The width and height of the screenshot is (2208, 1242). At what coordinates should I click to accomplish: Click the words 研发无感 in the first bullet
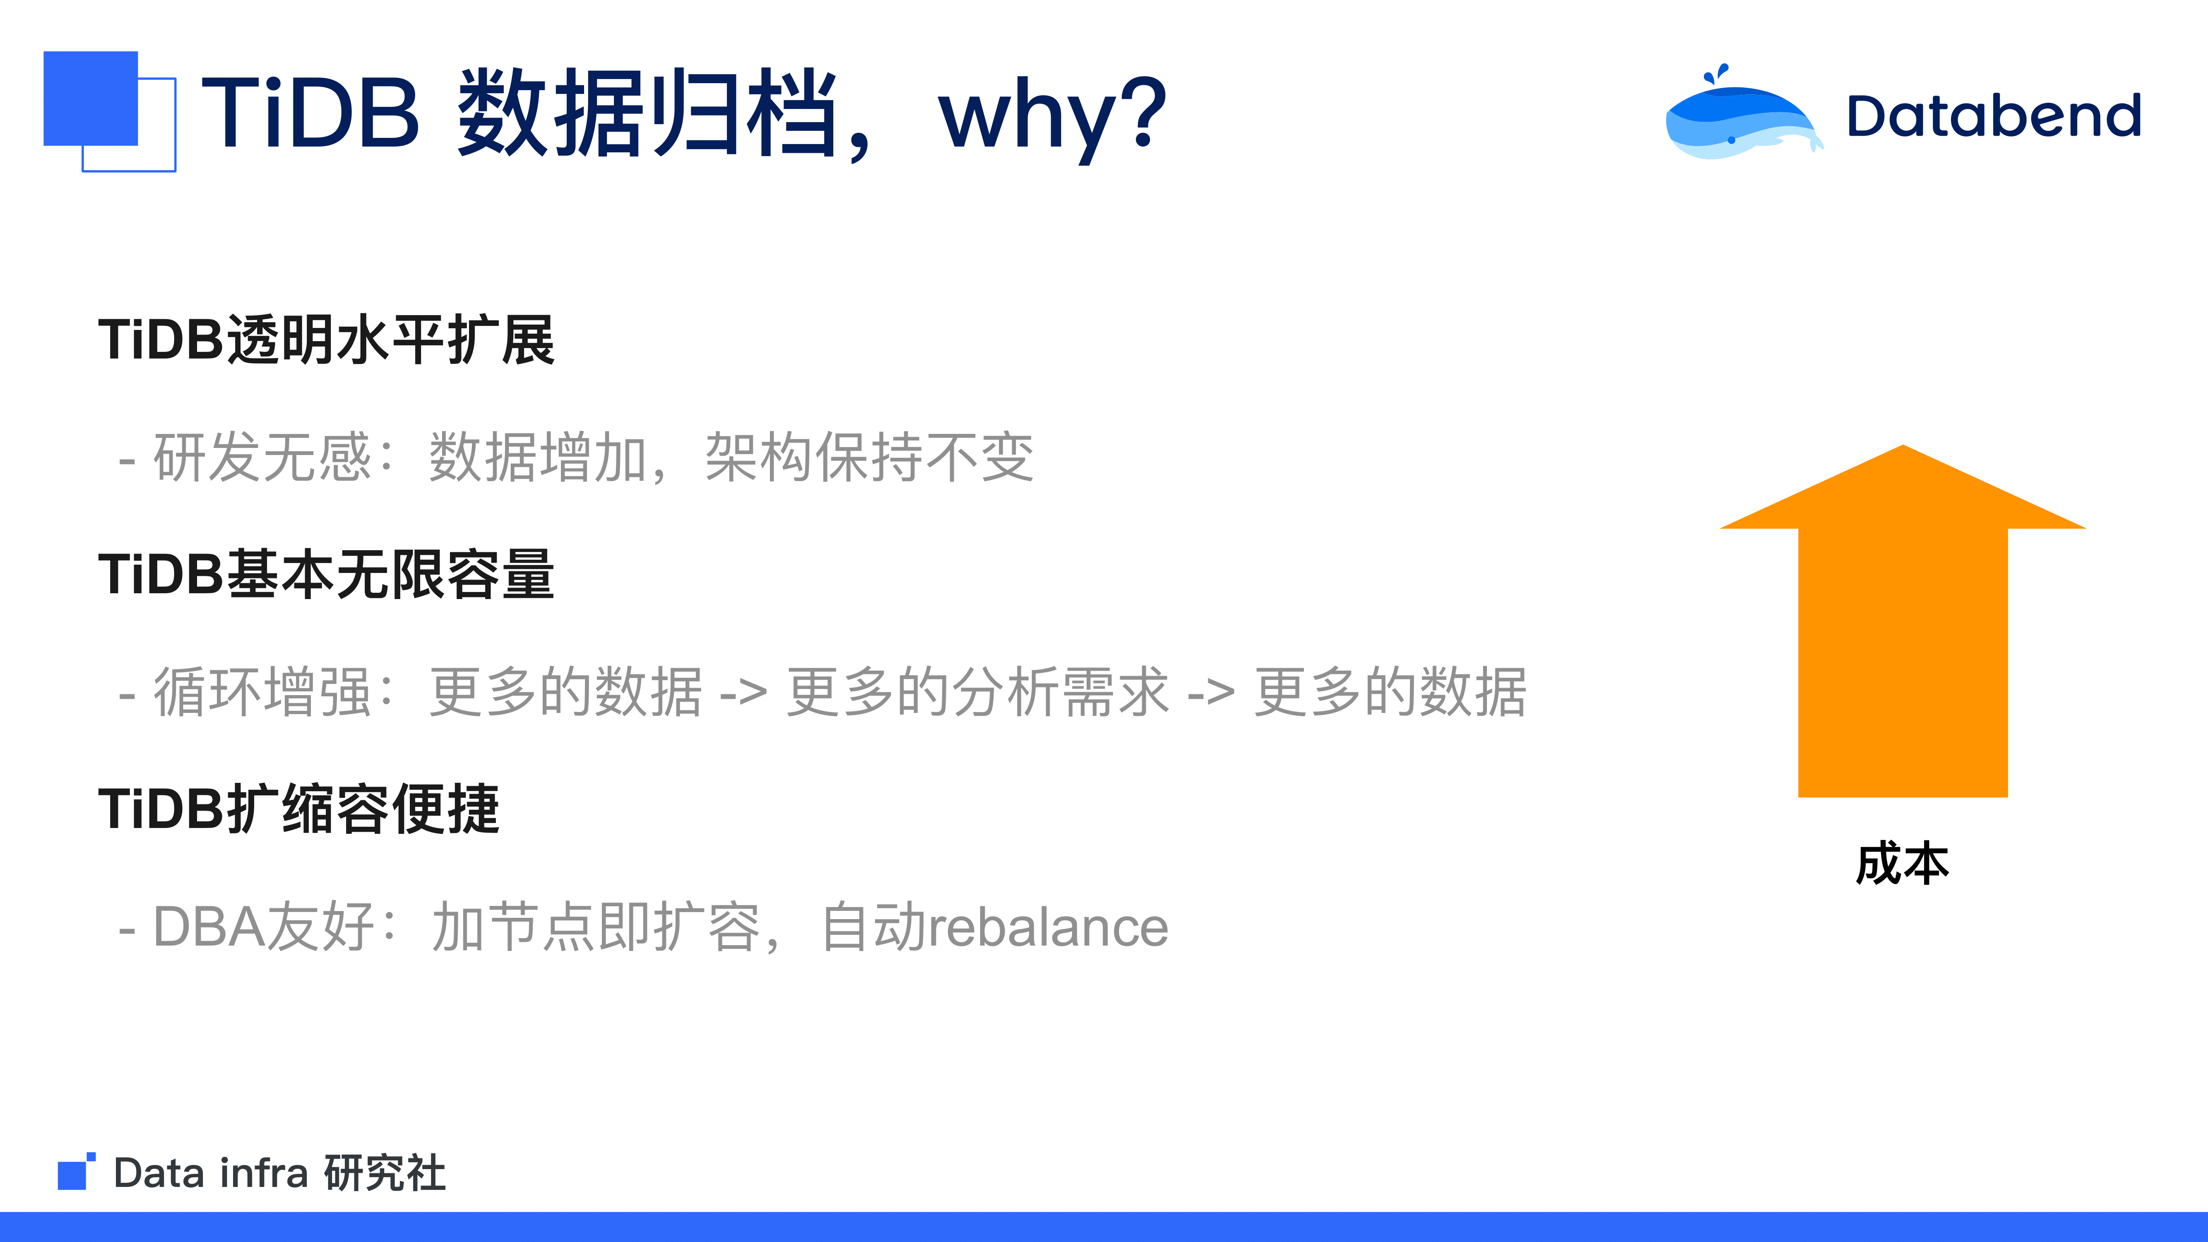tap(262, 457)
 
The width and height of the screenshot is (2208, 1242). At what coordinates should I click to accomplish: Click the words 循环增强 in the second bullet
tap(262, 692)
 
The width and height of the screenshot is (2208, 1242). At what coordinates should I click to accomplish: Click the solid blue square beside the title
tap(91, 99)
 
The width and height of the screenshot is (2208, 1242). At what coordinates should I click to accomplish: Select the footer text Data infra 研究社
tap(279, 1172)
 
